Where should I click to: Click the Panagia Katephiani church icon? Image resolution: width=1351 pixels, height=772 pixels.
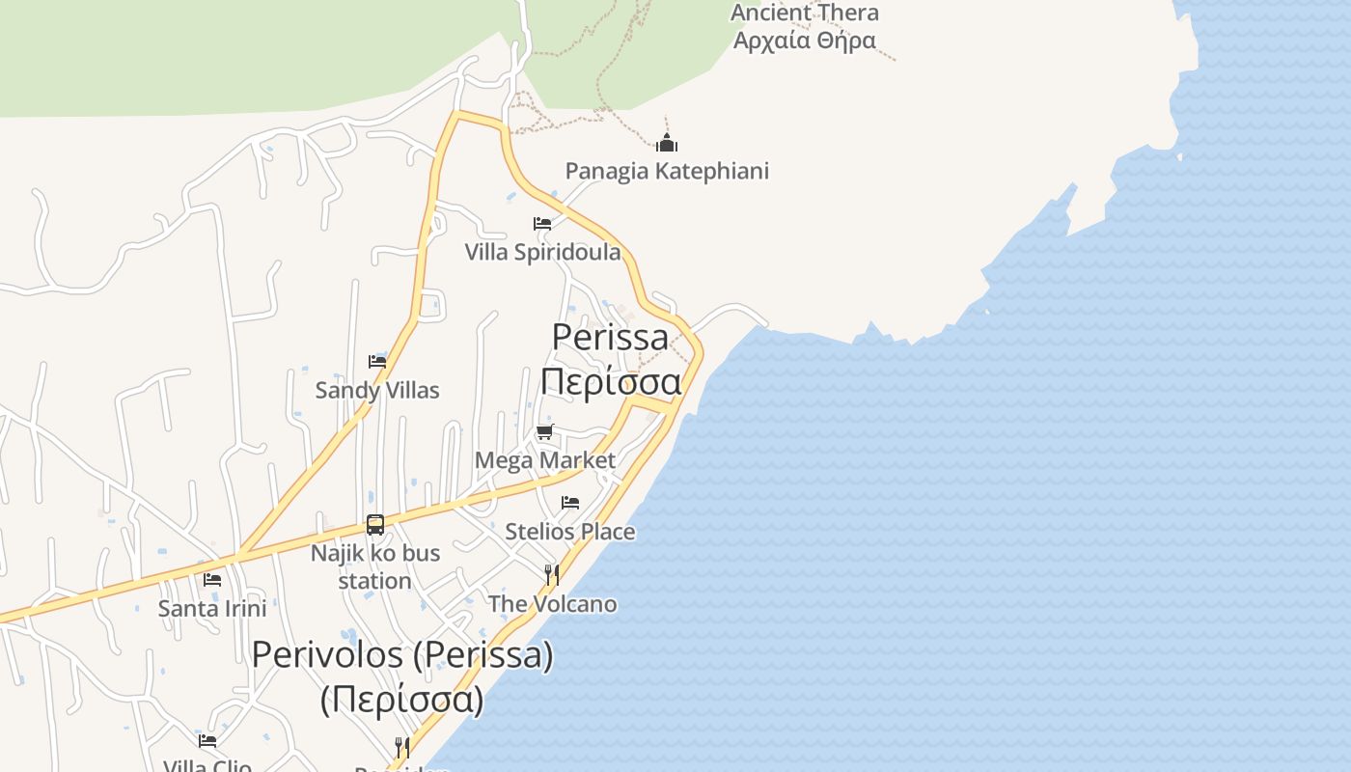point(667,144)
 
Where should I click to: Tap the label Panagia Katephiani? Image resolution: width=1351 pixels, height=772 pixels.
point(667,171)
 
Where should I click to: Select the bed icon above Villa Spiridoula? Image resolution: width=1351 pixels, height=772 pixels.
point(542,224)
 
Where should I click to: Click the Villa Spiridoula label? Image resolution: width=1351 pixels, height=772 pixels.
point(542,252)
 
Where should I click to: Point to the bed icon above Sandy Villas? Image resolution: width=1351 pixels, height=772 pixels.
point(377,362)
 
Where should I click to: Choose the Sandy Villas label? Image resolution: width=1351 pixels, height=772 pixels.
point(377,390)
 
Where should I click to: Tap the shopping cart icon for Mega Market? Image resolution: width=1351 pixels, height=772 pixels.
point(545,431)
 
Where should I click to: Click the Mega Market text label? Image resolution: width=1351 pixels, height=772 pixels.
point(545,460)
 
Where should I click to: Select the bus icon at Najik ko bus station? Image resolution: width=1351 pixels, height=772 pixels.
point(375,525)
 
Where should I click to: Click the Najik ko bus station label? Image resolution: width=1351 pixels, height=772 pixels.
point(375,566)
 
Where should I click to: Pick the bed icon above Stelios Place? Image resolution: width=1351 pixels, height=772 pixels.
point(570,503)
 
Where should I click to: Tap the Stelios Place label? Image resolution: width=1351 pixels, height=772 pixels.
point(570,531)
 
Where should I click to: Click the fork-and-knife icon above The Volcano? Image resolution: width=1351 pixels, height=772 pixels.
point(552,575)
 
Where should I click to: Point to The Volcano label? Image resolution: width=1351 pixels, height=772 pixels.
point(552,604)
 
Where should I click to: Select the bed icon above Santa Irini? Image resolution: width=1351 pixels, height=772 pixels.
point(212,580)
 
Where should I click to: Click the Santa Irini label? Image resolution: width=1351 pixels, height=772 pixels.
point(212,609)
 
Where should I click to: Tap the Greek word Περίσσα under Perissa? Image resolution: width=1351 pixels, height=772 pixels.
point(611,381)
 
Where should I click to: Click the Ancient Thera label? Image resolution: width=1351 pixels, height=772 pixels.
point(805,13)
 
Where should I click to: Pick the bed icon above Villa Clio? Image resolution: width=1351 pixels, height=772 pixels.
point(207,741)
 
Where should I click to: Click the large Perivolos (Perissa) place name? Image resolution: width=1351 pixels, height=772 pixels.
point(402,655)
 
